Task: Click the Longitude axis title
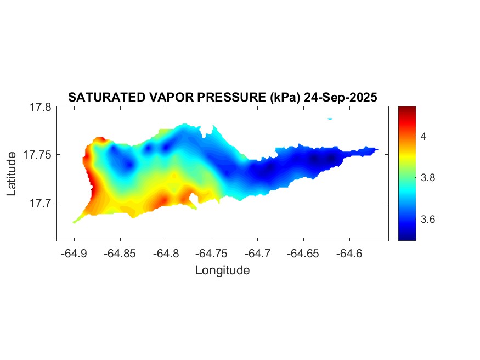(x=222, y=271)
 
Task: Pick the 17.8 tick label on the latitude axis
(x=41, y=108)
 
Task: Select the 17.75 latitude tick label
(x=38, y=155)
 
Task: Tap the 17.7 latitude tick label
(x=41, y=203)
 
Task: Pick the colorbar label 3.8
(x=427, y=178)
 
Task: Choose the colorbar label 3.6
(x=427, y=220)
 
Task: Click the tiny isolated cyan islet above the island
(x=330, y=119)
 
